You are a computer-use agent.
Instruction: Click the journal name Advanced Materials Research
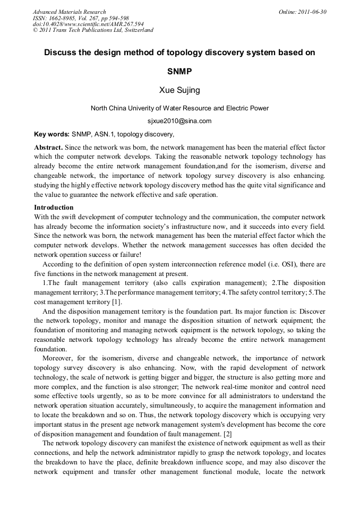(x=69, y=12)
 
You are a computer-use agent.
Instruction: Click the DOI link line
(x=88, y=24)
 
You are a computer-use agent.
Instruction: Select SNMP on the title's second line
(x=179, y=71)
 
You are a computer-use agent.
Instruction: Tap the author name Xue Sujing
(x=179, y=90)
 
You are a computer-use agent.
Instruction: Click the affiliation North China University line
(x=179, y=108)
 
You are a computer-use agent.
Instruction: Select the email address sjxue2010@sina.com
(x=179, y=121)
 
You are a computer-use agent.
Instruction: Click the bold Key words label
(x=52, y=134)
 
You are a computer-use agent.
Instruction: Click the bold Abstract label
(x=48, y=147)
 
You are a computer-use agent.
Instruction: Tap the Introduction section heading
(x=54, y=207)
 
